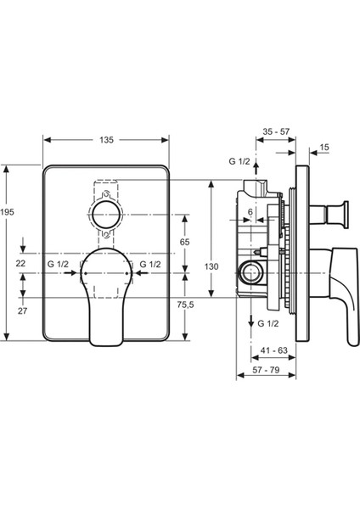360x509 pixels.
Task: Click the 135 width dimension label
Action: [107, 140]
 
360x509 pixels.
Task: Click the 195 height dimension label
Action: [7, 212]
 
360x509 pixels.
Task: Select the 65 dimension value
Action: [184, 242]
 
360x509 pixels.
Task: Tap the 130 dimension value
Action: [211, 266]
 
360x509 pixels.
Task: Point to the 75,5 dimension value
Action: [186, 305]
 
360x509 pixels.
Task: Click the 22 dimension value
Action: [20, 263]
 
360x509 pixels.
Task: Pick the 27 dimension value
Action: [22, 311]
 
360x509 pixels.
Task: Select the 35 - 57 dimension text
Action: [276, 131]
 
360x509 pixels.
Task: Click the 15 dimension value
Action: [324, 147]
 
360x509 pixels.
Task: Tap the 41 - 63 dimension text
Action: [274, 350]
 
